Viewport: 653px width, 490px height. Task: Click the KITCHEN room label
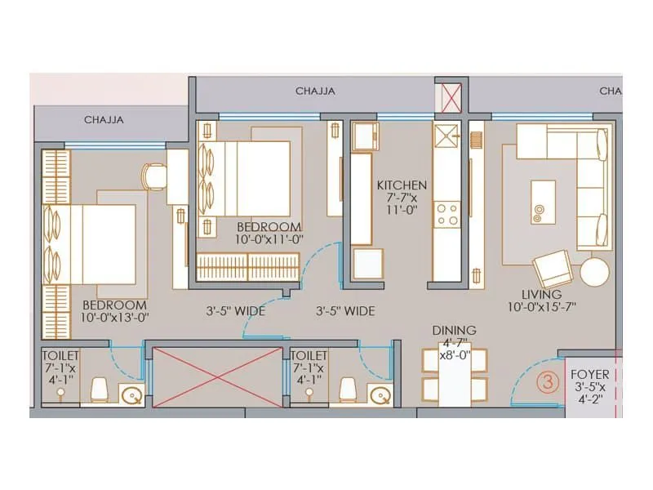(x=401, y=185)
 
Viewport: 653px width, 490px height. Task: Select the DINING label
(x=454, y=330)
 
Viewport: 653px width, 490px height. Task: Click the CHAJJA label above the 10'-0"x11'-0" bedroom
(x=315, y=91)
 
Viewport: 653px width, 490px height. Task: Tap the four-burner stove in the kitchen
(x=447, y=214)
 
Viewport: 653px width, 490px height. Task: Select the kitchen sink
(x=447, y=135)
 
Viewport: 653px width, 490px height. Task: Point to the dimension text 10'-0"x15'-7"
(x=542, y=307)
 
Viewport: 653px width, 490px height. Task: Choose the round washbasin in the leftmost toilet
(x=131, y=396)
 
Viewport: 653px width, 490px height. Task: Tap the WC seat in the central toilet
(x=347, y=390)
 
